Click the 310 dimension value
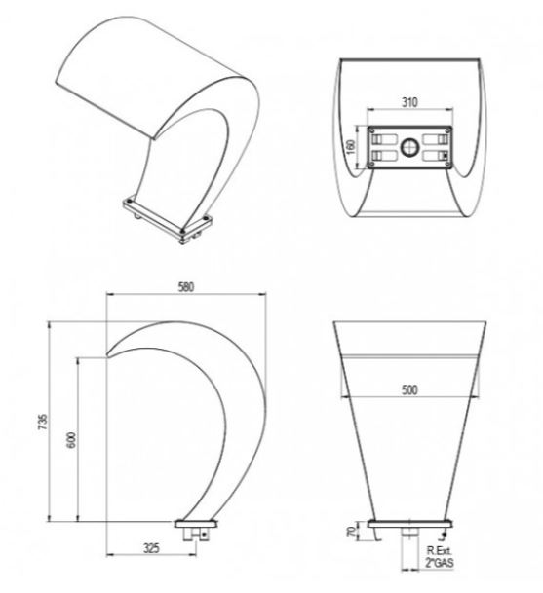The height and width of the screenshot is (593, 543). click(x=409, y=102)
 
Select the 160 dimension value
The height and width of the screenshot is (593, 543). click(x=351, y=147)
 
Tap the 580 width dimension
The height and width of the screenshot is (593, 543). click(x=186, y=287)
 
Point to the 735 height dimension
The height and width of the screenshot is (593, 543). click(x=43, y=422)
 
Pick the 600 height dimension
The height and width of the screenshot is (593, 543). click(x=71, y=440)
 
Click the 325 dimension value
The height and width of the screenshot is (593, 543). click(x=151, y=548)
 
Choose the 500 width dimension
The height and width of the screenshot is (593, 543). click(x=409, y=389)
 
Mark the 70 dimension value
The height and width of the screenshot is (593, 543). click(x=352, y=532)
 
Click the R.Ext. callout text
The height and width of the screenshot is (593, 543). click(x=439, y=551)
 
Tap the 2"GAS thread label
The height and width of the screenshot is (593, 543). click(x=439, y=563)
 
